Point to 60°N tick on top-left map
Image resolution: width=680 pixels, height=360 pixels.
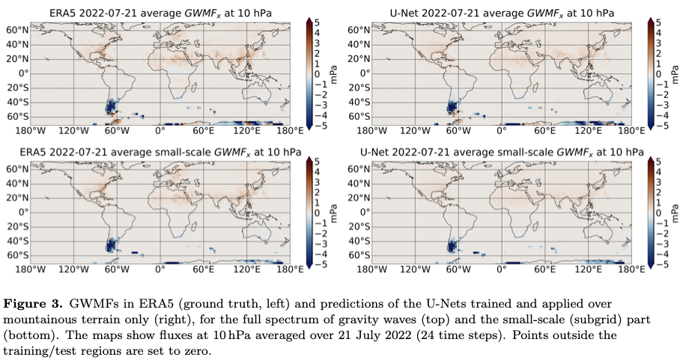coord(18,29)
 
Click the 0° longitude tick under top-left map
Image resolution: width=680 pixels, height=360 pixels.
coord(160,130)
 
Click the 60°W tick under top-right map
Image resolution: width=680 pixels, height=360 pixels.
coord(452,130)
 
